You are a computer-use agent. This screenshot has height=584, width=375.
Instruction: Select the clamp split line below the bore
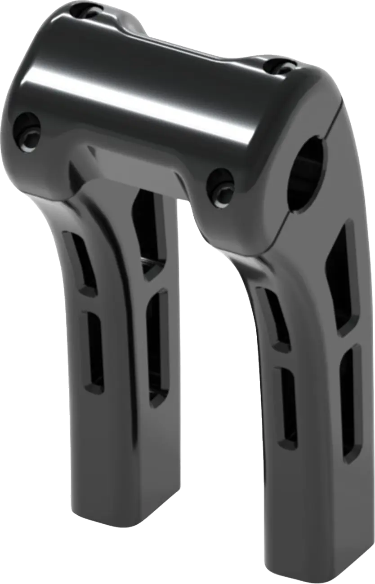pyautogui.click(x=281, y=229)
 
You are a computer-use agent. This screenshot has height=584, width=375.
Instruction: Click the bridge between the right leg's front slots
pyautogui.click(x=281, y=359)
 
